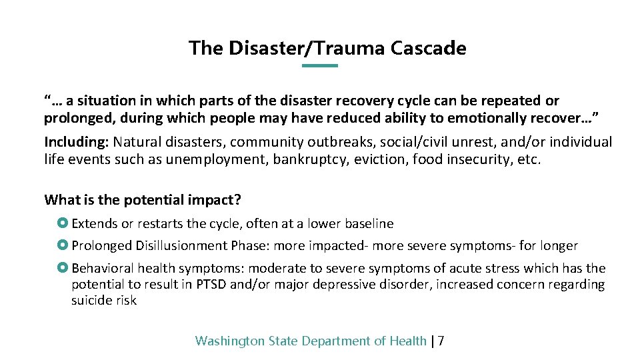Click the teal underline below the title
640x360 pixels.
click(x=320, y=66)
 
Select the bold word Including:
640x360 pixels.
click(x=77, y=142)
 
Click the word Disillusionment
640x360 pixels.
click(x=181, y=245)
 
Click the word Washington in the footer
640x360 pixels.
click(x=230, y=341)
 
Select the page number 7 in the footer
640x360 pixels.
click(x=441, y=341)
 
